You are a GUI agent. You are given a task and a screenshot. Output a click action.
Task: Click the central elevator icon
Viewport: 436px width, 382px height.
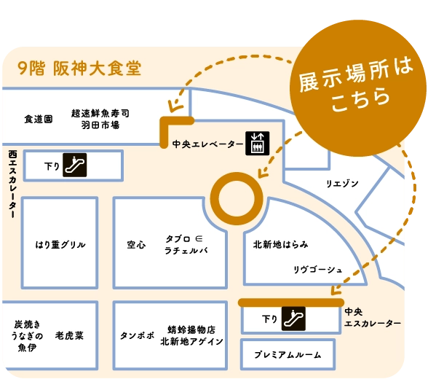257,144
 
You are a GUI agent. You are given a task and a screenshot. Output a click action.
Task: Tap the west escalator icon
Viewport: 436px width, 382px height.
74,165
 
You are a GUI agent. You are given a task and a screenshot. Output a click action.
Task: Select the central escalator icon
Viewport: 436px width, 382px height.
293,319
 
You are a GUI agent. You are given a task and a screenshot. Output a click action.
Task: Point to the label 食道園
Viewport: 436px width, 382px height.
39,119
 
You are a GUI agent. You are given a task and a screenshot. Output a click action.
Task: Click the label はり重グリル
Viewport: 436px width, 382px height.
60,245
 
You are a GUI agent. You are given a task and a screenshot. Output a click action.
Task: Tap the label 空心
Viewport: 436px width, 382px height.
136,245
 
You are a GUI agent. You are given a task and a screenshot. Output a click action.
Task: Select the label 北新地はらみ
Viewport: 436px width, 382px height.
280,244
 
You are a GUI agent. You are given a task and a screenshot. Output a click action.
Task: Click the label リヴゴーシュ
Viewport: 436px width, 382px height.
318,270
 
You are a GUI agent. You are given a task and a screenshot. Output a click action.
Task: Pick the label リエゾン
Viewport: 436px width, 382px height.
342,184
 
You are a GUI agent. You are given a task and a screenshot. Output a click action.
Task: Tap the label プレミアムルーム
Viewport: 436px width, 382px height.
288,355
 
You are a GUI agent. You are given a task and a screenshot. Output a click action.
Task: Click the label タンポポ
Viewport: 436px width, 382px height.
137,335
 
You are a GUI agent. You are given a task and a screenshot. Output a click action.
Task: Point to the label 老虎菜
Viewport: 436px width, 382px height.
69,335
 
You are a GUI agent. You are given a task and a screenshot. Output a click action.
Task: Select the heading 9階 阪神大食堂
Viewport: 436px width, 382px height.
79,69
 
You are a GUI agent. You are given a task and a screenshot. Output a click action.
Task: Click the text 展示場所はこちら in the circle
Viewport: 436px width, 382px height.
357,85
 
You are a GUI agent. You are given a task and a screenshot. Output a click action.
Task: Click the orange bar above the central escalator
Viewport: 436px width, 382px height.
291,303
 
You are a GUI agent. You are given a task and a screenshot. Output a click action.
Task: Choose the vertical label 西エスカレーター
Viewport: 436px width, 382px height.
12,184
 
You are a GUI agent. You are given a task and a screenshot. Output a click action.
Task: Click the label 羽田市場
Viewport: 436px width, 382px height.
100,125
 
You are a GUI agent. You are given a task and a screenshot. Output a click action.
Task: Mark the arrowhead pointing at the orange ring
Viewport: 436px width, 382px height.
262,173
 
